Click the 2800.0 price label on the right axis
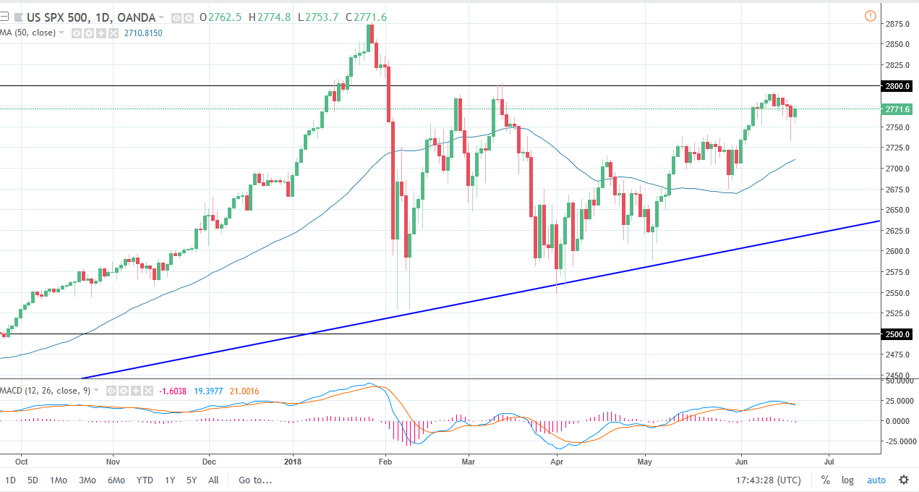point(897,86)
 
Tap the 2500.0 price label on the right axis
point(897,334)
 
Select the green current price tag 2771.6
point(897,109)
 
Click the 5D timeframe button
point(33,480)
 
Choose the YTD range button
point(145,480)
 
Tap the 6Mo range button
point(116,480)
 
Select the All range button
point(213,480)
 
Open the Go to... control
point(255,480)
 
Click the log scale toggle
point(847,480)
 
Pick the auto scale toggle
point(876,480)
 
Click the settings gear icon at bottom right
point(904,480)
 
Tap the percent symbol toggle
point(825,480)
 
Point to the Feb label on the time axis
point(385,460)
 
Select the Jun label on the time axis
point(741,460)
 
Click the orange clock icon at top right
point(871,16)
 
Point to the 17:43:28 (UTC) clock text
point(768,480)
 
